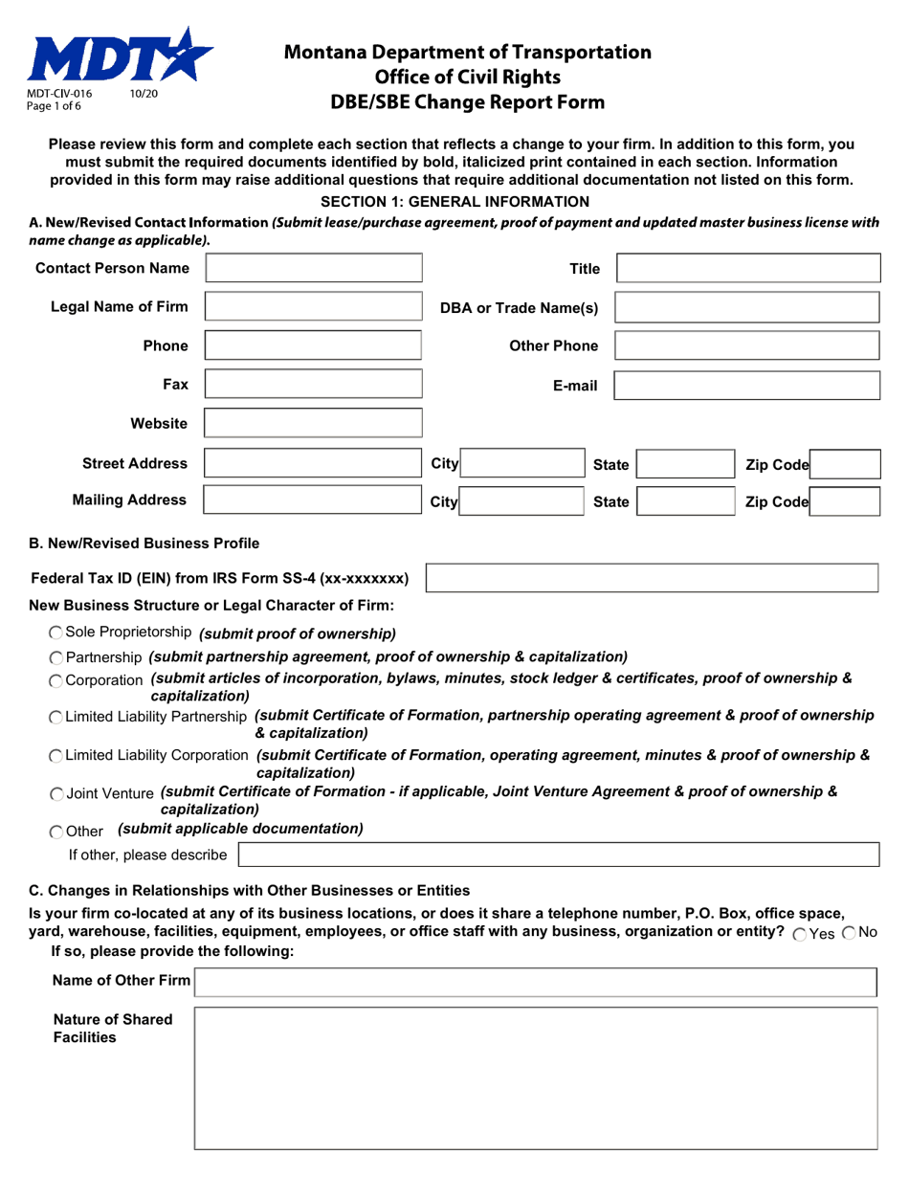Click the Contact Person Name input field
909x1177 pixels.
click(x=314, y=268)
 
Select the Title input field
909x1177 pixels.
click(x=747, y=268)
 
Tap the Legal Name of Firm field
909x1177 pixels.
click(x=314, y=307)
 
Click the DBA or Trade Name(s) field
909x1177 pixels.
click(x=746, y=307)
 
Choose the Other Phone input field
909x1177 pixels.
click(x=746, y=345)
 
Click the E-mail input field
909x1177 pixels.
click(x=746, y=385)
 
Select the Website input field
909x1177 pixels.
click(x=314, y=424)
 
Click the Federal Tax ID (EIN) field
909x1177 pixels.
click(x=652, y=578)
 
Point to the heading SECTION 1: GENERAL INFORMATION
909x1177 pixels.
click(x=454, y=201)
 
